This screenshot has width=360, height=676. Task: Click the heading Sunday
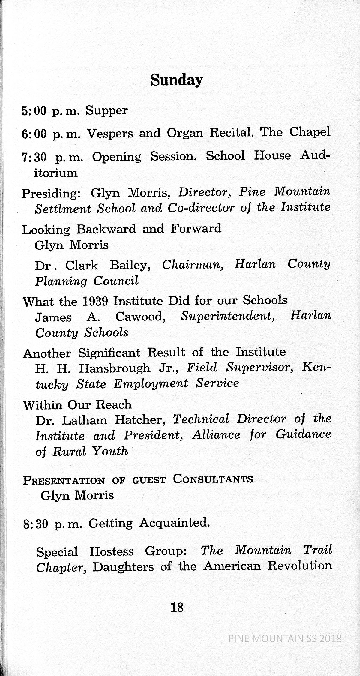click(176, 80)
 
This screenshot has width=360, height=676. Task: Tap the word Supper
click(106, 110)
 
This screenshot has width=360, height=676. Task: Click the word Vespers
click(110, 133)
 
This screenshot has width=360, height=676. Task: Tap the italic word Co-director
click(200, 208)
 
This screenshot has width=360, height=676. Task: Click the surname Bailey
click(130, 265)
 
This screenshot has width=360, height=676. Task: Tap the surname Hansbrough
click(114, 368)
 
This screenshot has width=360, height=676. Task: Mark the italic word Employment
click(151, 384)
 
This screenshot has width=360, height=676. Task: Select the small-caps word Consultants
click(213, 479)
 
